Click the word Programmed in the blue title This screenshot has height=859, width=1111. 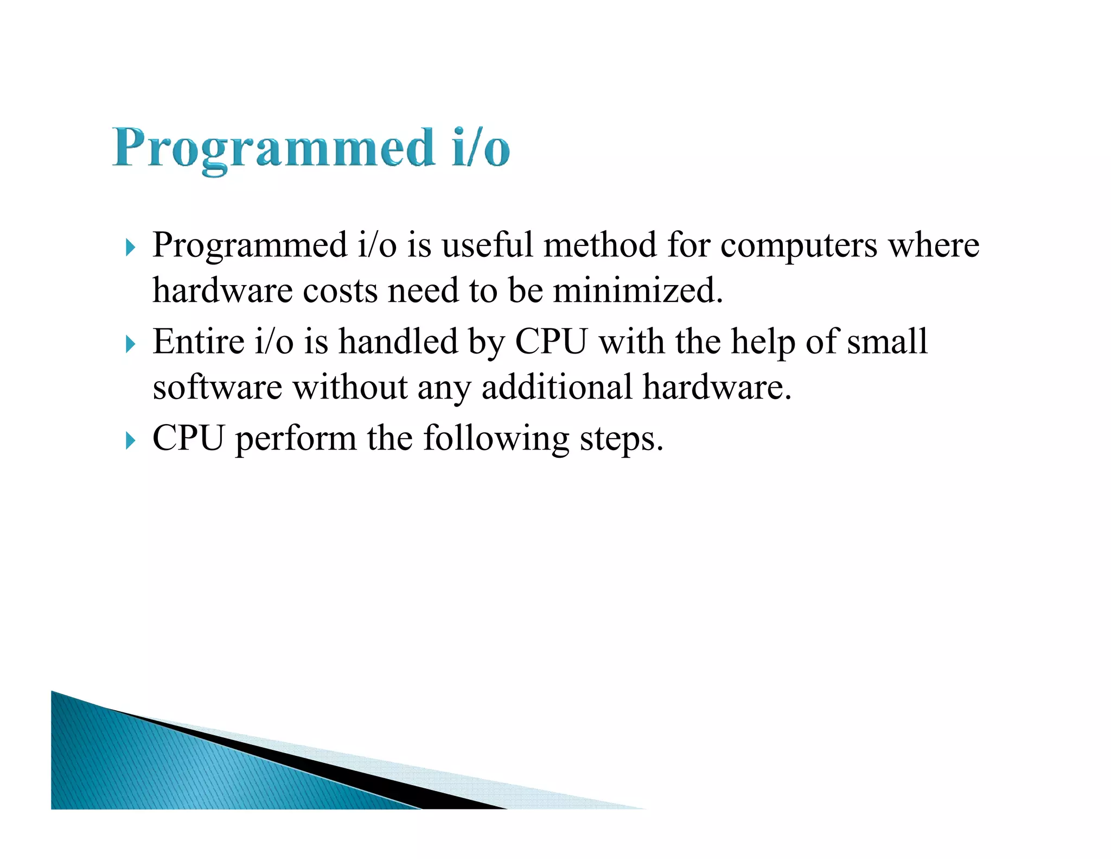coord(274,148)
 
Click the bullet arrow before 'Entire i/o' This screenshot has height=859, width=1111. coord(130,344)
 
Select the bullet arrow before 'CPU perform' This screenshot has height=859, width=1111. coord(130,440)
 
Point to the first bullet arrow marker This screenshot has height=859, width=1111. coord(130,248)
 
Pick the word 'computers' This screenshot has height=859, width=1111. coord(799,246)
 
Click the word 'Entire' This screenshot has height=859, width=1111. coord(199,342)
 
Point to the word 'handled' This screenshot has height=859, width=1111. coord(398,342)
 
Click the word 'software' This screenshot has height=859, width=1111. coord(217,387)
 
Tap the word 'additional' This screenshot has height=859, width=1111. coord(557,387)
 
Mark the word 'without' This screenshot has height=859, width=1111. coord(350,387)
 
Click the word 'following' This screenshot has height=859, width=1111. coord(496,439)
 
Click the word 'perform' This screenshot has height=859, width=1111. coord(296,439)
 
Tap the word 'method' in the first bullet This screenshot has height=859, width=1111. coord(600,245)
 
